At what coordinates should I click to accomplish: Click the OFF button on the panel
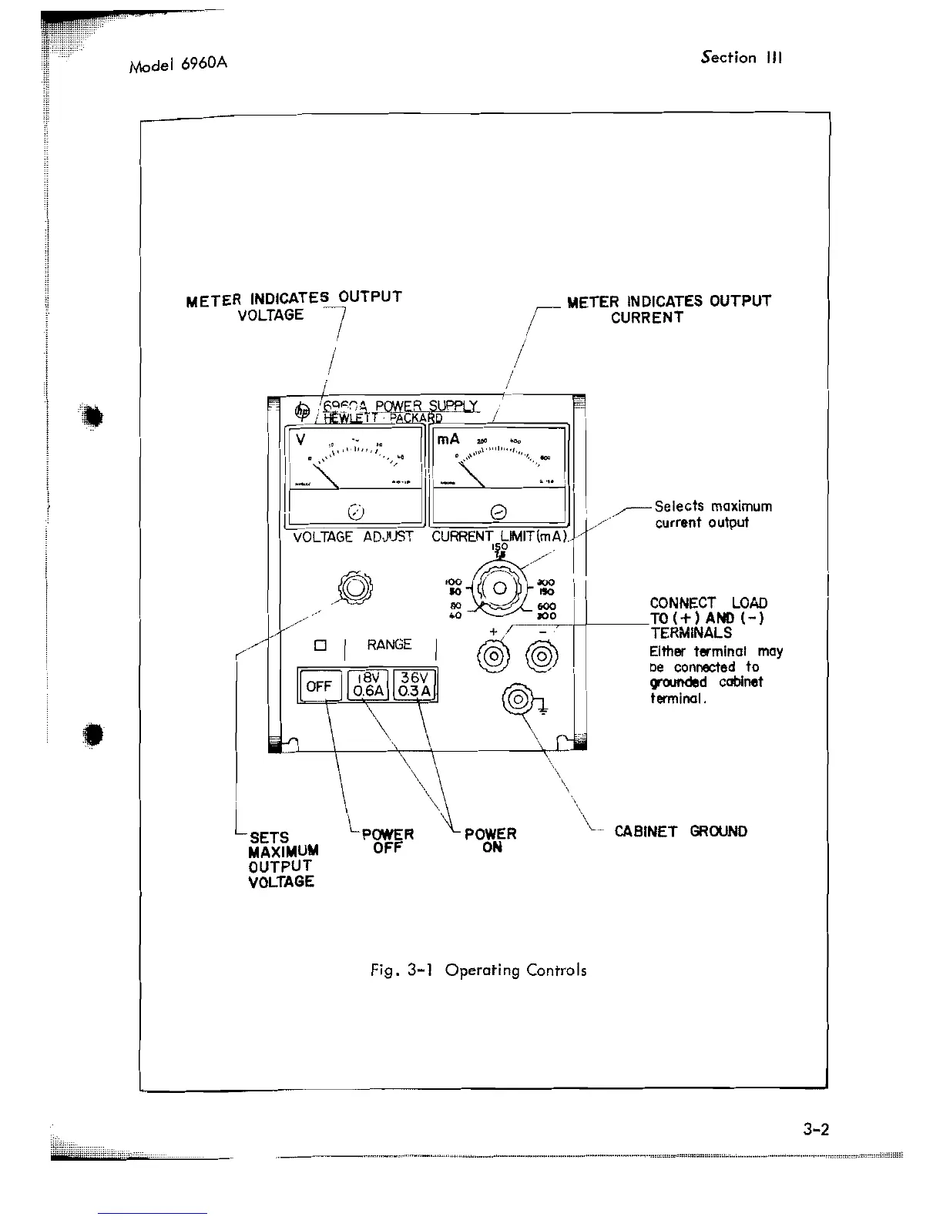319,685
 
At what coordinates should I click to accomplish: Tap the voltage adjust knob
354,589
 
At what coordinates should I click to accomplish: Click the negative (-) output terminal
542,658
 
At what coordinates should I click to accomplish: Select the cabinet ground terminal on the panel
518,700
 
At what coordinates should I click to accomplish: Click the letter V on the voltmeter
300,440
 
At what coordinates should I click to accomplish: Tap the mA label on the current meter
448,439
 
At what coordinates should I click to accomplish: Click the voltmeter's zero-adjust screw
355,511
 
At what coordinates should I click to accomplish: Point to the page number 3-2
814,1130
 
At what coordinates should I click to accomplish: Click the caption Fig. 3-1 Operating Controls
478,970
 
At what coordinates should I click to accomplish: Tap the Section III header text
742,58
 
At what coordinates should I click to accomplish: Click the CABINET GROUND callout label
680,831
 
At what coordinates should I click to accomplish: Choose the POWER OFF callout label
388,840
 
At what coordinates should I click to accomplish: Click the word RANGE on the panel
389,645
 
